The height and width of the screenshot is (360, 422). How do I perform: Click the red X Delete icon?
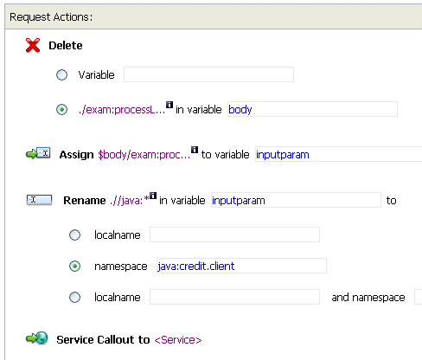tap(33, 45)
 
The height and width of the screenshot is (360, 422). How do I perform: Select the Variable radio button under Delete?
tap(61, 75)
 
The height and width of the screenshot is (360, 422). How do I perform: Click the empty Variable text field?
tap(208, 74)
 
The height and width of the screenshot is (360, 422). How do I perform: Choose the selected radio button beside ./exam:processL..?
tap(61, 110)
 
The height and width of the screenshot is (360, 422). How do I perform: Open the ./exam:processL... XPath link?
tap(122, 110)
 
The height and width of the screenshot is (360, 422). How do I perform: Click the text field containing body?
tap(312, 109)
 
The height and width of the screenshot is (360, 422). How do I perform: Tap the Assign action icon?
tap(38, 153)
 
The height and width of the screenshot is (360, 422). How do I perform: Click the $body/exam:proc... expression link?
tap(144, 155)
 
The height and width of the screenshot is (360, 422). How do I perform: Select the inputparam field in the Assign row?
tap(338, 154)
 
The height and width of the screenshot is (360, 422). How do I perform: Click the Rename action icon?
tap(39, 200)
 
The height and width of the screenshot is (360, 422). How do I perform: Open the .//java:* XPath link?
tap(130, 200)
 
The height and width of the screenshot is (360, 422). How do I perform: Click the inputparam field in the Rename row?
tap(296, 200)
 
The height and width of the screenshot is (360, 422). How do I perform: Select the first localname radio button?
tap(74, 235)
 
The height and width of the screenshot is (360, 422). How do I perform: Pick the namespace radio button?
tap(74, 267)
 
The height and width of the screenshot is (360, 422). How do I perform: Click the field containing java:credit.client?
tap(241, 266)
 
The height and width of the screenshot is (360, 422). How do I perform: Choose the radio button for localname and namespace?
tap(74, 298)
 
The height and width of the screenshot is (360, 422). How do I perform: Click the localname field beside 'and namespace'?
tap(234, 297)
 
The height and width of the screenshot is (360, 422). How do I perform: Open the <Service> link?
tap(178, 340)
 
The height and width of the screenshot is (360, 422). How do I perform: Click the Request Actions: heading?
tap(51, 17)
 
